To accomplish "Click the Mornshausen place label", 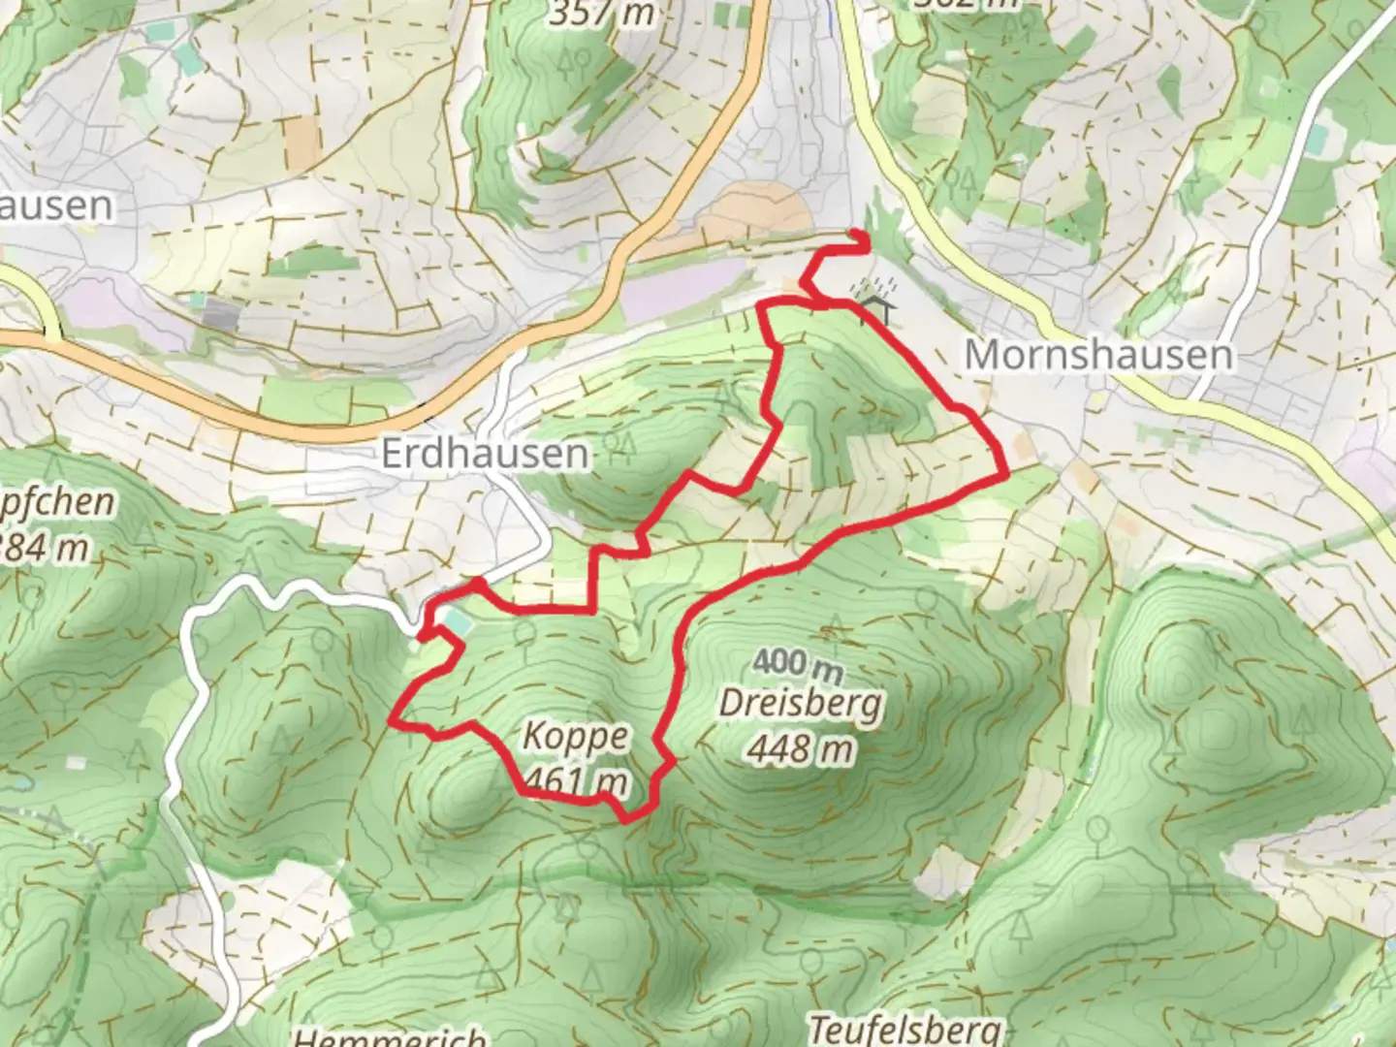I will point(1098,355).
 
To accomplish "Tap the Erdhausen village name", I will point(485,453).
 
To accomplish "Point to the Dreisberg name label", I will point(801,704).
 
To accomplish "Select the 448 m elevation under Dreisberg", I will point(801,748).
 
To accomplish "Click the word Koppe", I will point(575,736).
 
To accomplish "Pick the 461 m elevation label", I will point(575,780).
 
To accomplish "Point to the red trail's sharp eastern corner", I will point(1006,475).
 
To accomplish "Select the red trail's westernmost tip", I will point(392,720).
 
